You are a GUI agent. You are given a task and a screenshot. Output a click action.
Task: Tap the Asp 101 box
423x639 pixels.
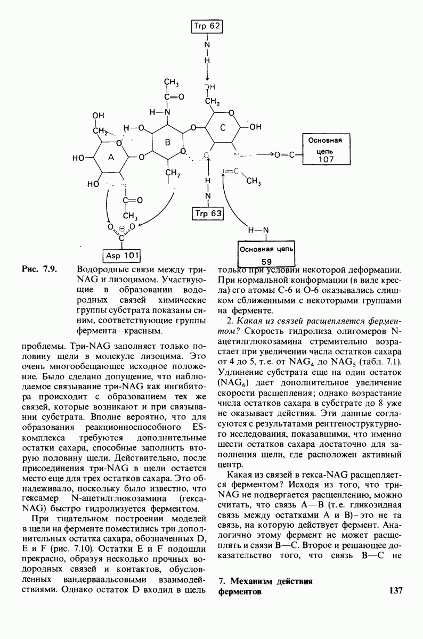tap(123, 255)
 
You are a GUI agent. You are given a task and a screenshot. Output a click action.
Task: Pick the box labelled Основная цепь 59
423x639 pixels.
tap(265, 253)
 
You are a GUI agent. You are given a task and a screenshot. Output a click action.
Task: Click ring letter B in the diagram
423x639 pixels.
tap(166, 142)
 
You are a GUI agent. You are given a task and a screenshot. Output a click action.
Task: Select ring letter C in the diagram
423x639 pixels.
tap(223, 127)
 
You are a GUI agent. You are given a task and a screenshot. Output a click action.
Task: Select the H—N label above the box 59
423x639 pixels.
tap(259, 230)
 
